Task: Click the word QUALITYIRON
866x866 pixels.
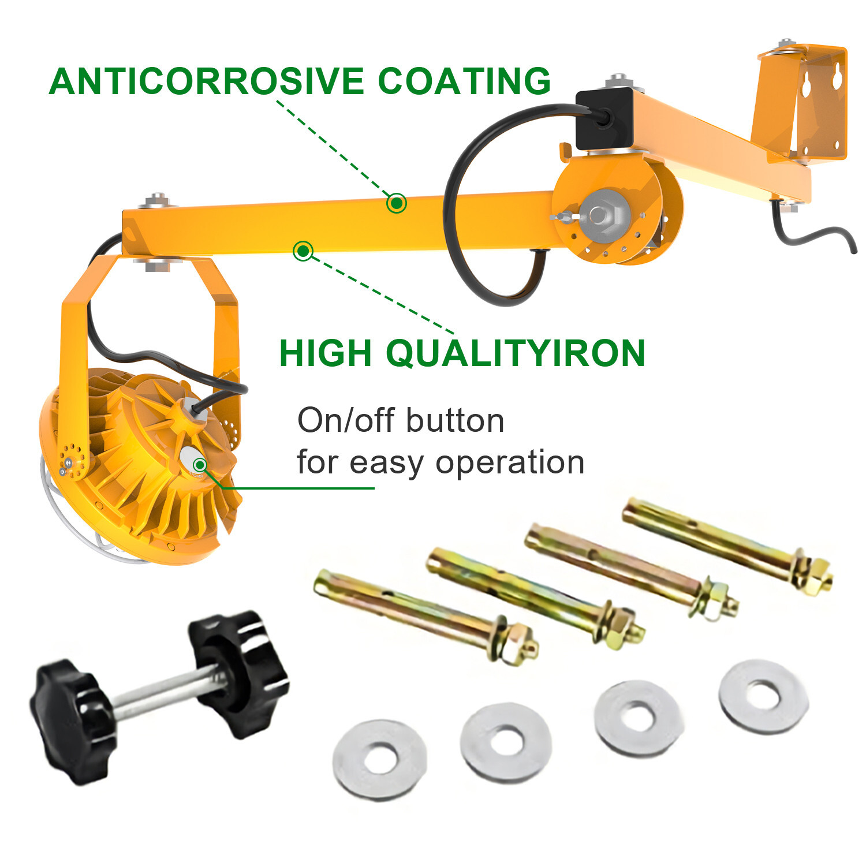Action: [x=515, y=354]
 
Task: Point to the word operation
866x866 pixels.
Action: [x=510, y=462]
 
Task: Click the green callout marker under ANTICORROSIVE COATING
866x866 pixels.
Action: [x=396, y=203]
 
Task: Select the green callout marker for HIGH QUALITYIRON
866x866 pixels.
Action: [x=303, y=251]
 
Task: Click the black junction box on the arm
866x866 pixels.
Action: [x=604, y=118]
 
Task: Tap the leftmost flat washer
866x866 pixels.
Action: [x=380, y=759]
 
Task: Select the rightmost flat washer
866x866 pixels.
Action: [x=763, y=696]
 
